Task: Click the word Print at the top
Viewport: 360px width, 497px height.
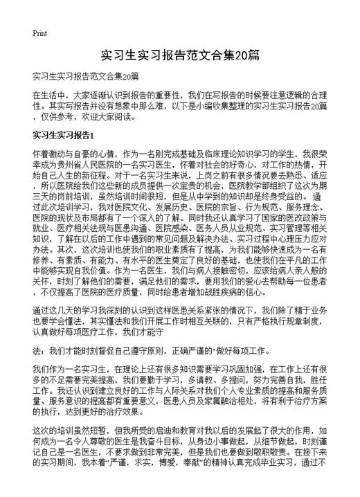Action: (x=39, y=33)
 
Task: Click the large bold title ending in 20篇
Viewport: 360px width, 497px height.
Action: (x=179, y=54)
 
